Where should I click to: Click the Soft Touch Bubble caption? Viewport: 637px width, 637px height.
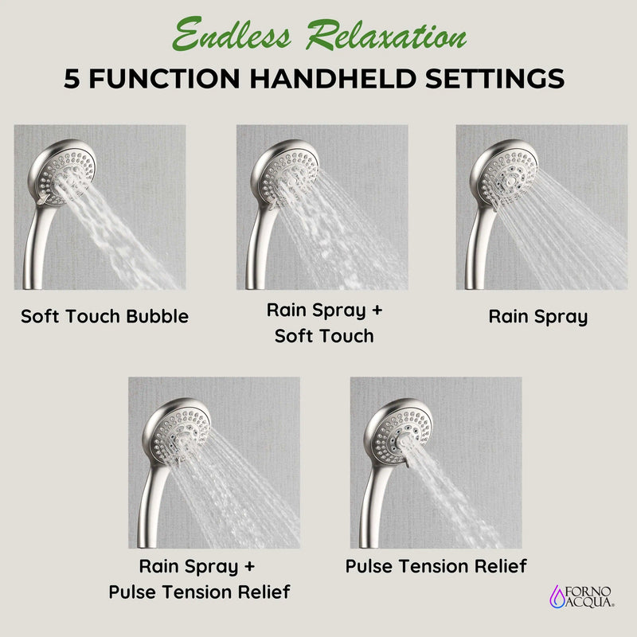104,316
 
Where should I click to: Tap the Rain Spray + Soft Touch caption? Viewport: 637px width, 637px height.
323,322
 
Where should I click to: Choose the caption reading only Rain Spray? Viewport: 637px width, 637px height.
537,316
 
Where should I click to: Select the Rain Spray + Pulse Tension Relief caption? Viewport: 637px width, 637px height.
199,579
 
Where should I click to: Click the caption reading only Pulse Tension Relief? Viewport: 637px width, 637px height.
436,566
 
